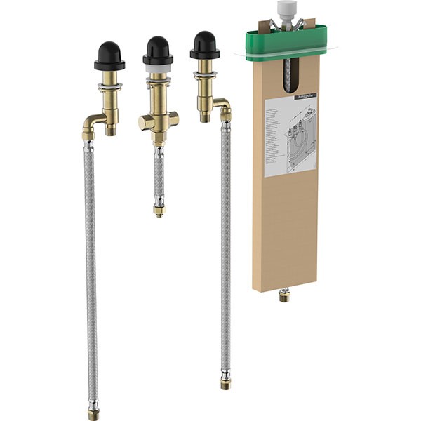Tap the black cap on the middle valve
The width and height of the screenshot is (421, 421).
coord(158,50)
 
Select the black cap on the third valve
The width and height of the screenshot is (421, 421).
coord(204,45)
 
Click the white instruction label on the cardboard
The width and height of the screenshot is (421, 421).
coord(289,137)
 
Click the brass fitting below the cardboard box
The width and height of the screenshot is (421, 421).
coord(284,295)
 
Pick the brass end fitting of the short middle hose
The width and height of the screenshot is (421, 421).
coord(159,209)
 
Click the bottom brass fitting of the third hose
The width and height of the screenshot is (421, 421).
coord(225,382)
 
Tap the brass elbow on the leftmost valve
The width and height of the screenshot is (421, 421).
coord(91,128)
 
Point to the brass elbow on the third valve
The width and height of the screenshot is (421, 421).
coord(222,107)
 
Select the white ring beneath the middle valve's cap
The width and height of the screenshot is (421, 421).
coord(158,69)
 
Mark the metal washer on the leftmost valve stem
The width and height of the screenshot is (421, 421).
coord(109,87)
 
